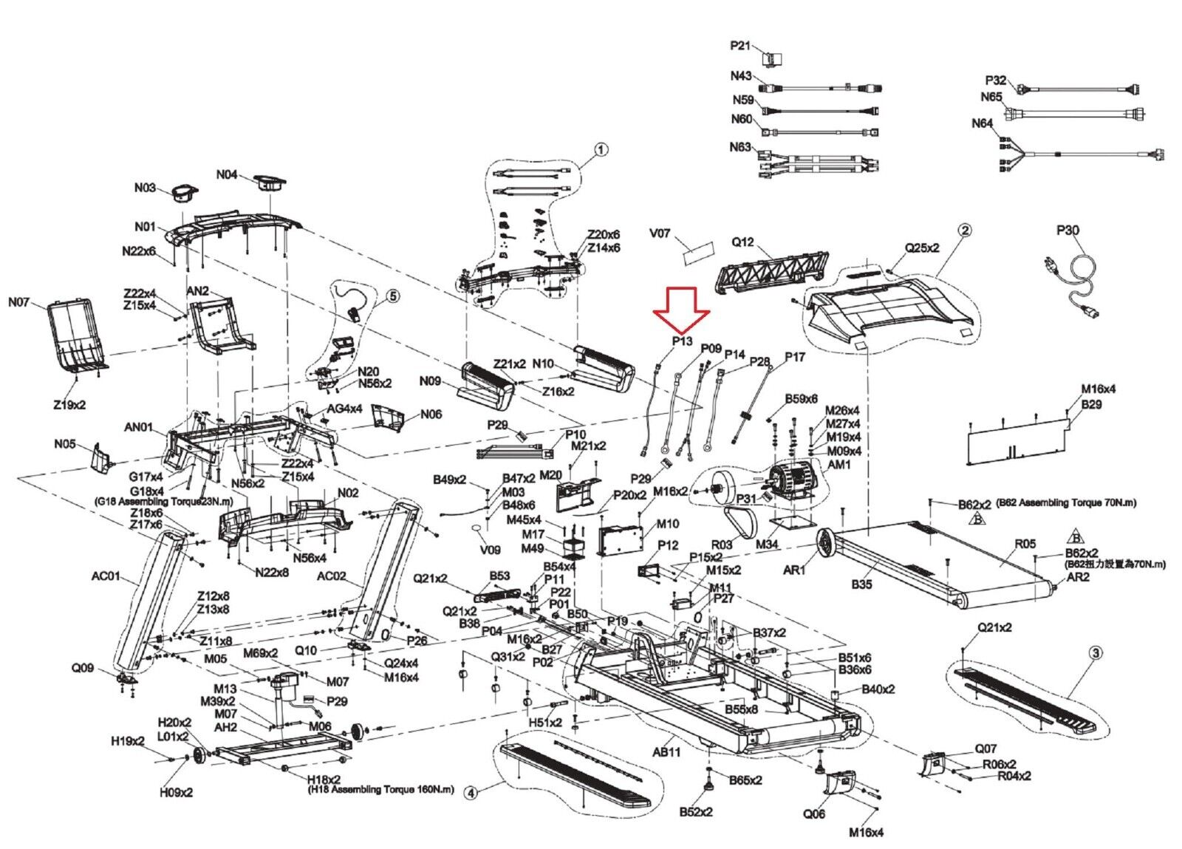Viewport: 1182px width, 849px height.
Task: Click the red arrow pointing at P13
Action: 681,310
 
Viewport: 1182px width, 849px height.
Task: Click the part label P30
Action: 1067,231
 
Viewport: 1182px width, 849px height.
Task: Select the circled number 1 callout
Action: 601,150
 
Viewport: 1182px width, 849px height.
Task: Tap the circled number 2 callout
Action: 964,231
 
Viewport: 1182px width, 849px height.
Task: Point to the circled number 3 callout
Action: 1096,652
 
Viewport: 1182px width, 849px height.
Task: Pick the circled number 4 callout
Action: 471,793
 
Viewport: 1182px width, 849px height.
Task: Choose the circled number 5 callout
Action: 393,296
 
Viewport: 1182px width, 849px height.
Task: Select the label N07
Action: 20,302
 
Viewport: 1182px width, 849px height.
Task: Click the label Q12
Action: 742,242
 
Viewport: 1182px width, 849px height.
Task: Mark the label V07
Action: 660,233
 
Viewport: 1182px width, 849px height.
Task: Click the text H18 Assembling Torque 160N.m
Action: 381,790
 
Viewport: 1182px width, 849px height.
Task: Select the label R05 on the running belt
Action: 1025,544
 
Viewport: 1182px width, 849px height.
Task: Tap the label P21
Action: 740,46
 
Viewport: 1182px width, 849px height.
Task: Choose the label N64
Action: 982,123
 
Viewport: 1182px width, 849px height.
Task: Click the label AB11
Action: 666,752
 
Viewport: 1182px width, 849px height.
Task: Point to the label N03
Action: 145,188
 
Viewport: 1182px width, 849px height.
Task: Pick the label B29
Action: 1091,404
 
